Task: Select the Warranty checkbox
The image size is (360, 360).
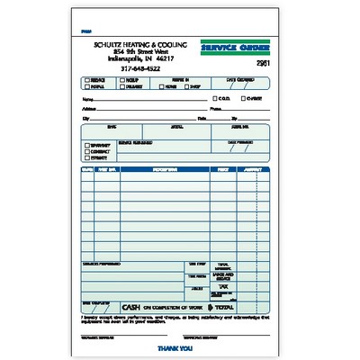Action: point(86,145)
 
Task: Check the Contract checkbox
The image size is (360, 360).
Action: point(86,152)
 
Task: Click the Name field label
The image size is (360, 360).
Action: point(86,99)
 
